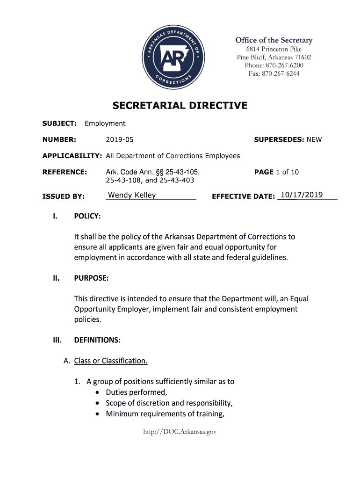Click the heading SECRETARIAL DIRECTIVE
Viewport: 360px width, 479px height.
click(180, 106)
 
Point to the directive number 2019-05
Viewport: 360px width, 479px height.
click(120, 139)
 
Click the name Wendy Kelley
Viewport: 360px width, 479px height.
click(132, 195)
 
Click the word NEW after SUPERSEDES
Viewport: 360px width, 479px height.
click(314, 139)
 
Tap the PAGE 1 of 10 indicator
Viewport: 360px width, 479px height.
click(276, 172)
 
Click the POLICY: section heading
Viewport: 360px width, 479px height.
click(87, 216)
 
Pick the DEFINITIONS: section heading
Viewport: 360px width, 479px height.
click(97, 340)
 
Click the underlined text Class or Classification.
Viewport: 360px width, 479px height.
click(111, 361)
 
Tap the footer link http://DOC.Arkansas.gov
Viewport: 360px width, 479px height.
click(180, 432)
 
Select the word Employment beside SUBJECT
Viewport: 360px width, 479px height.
click(105, 123)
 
